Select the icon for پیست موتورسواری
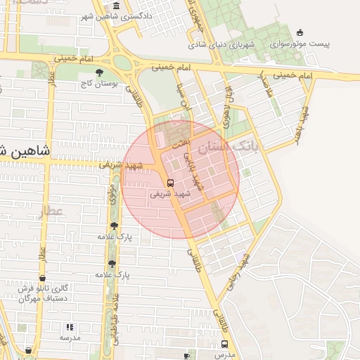point(301,32)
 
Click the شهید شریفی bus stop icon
point(170,182)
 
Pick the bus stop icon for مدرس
point(225,344)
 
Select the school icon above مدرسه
point(69,327)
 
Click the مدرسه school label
point(69,338)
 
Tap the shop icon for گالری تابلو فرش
point(42,278)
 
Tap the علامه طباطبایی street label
point(114,316)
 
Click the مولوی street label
point(112,191)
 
